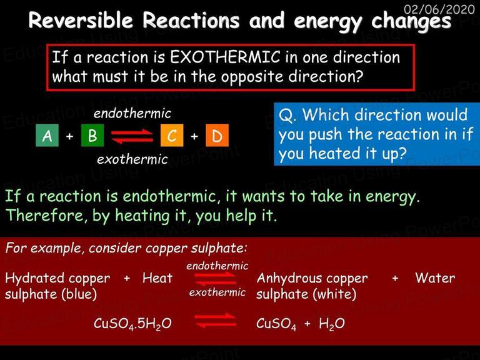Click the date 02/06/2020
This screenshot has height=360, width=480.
pyautogui.click(x=439, y=9)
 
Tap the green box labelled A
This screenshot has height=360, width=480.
pyautogui.click(x=47, y=135)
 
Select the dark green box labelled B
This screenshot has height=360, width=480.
pyautogui.click(x=92, y=135)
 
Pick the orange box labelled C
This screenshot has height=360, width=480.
pyautogui.click(x=172, y=135)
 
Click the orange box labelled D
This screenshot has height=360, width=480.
pyautogui.click(x=217, y=135)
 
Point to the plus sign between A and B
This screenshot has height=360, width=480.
pyautogui.click(x=70, y=136)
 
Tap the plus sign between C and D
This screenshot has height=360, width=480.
pyautogui.click(x=194, y=136)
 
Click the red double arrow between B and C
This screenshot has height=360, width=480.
pyautogui.click(x=132, y=136)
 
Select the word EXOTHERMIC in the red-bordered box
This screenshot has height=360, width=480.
pyautogui.click(x=225, y=57)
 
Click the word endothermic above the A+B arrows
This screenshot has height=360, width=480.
pyautogui.click(x=132, y=113)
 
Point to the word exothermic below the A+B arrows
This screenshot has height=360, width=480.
pyautogui.click(x=132, y=159)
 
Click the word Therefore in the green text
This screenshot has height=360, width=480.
pyautogui.click(x=44, y=215)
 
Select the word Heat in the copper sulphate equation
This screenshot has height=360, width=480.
pyautogui.click(x=157, y=278)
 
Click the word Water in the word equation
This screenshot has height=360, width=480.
pyautogui.click(x=435, y=278)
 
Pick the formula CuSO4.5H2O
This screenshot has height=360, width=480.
pyautogui.click(x=132, y=324)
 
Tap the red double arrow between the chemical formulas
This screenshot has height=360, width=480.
pyautogui.click(x=216, y=321)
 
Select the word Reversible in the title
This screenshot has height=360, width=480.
pyautogui.click(x=81, y=21)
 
